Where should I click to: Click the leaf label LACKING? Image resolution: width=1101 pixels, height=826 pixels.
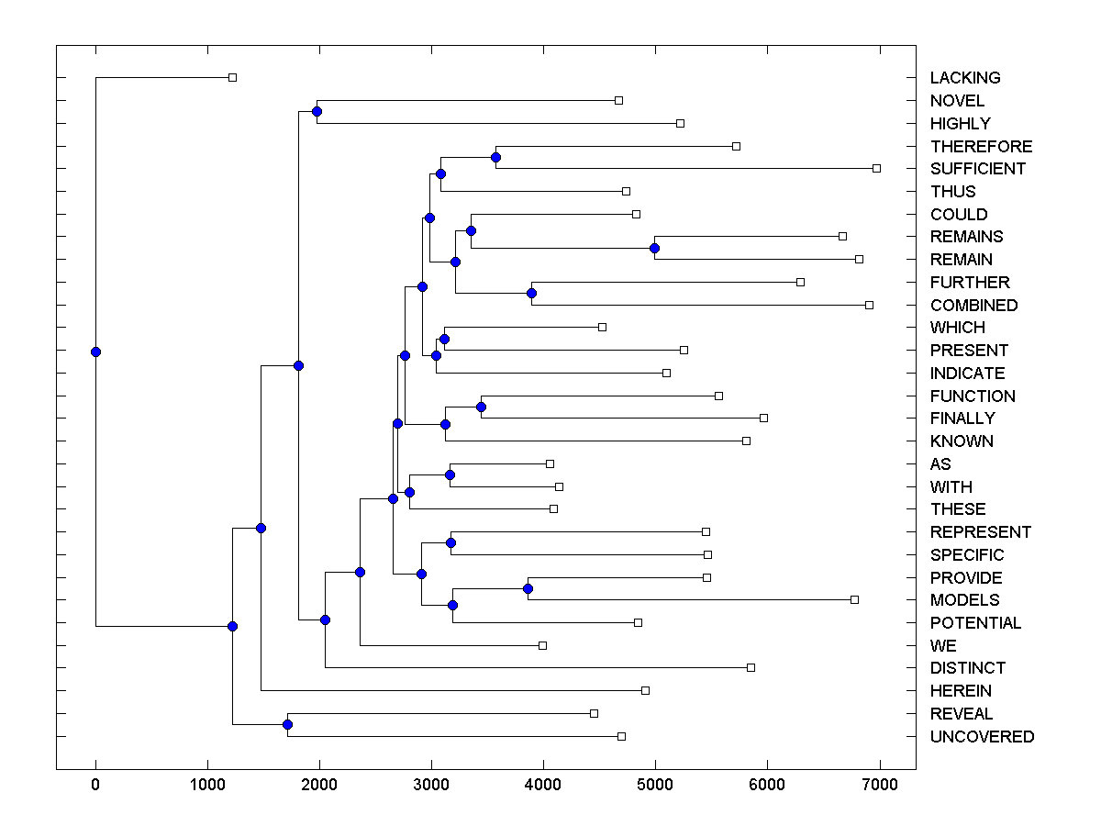(964, 78)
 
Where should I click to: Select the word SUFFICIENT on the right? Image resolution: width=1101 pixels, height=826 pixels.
(977, 169)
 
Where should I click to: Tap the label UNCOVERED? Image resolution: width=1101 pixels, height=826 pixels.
(982, 737)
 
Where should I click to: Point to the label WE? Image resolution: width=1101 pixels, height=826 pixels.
(943, 646)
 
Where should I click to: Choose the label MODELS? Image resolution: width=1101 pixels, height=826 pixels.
(964, 600)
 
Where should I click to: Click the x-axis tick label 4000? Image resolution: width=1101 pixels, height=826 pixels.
(543, 782)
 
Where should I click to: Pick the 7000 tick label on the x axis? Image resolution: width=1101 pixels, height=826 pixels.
(879, 782)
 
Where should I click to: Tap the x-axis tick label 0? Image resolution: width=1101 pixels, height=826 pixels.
(95, 782)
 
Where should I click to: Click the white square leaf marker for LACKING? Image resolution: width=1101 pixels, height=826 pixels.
(232, 77)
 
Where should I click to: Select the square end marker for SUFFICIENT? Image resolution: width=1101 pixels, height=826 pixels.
(876, 168)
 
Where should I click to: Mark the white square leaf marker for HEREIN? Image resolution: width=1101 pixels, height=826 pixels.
(645, 690)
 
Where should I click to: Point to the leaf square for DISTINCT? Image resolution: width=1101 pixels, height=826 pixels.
(751, 667)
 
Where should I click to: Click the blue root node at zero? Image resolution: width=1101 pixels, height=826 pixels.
(95, 352)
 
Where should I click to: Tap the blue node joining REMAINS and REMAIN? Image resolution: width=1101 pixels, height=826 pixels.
(654, 248)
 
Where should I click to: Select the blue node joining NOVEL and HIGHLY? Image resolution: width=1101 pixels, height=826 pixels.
(317, 111)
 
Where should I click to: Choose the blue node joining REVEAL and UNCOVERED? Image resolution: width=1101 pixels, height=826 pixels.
(287, 725)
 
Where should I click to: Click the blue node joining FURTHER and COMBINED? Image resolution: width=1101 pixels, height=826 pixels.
(531, 293)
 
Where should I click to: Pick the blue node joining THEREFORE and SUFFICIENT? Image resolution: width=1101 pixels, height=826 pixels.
(495, 157)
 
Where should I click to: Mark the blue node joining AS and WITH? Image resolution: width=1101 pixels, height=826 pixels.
(450, 474)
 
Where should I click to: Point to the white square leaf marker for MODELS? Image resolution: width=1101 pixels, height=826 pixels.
(854, 599)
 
